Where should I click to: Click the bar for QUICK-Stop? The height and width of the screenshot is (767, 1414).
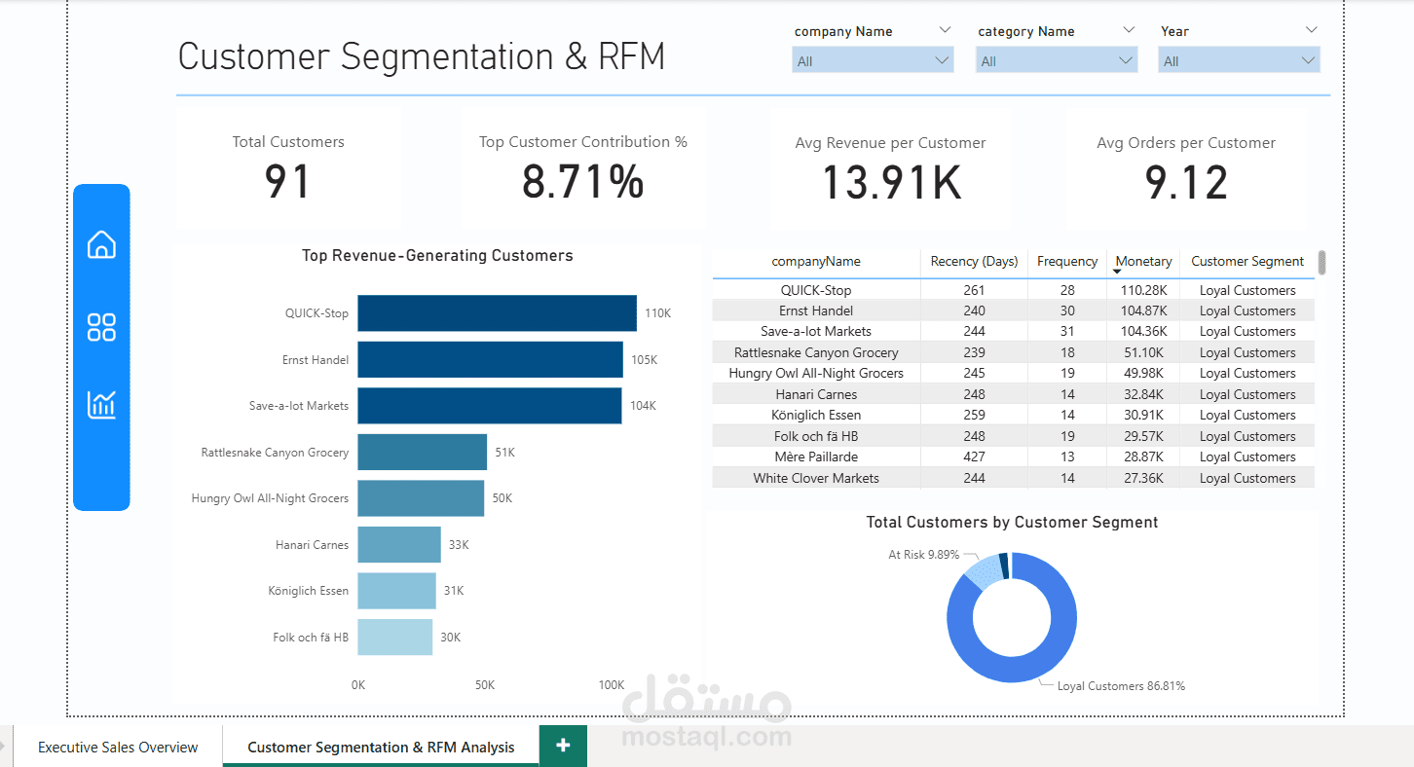pos(497,313)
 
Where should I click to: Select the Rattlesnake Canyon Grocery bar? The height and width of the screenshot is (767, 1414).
pos(422,453)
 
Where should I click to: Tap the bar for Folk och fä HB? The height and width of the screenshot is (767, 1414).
pos(394,638)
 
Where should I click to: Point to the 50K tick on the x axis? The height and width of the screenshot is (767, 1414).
pos(485,685)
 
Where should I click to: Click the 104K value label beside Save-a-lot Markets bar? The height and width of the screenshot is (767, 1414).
pos(643,406)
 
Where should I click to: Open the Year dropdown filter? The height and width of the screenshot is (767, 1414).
pos(1239,61)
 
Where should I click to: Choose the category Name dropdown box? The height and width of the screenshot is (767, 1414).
pos(1057,61)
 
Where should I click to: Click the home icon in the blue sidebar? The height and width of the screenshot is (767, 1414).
pos(101,244)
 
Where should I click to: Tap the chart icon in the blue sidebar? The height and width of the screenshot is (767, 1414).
pos(101,404)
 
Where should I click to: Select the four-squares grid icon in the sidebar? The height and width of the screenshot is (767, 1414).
pos(101,327)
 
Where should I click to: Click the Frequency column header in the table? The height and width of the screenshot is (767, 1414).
pos(1066,262)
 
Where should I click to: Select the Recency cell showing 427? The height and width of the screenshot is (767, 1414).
pos(973,457)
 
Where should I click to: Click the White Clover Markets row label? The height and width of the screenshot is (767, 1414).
pos(816,479)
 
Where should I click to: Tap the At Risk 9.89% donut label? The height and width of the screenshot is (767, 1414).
pos(923,555)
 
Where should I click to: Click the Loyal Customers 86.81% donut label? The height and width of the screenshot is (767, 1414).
pos(1121,686)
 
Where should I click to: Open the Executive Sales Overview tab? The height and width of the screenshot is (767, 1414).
pos(118,748)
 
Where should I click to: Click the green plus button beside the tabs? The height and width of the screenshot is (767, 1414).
pos(563,746)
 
